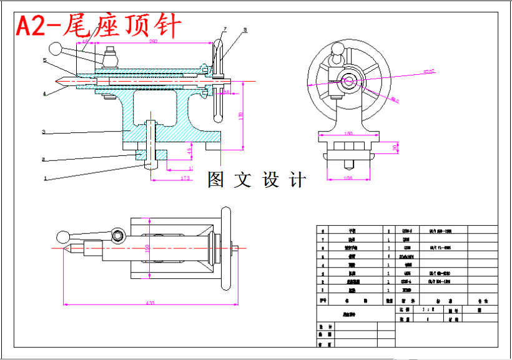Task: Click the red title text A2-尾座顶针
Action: click(x=99, y=26)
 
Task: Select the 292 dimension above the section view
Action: click(x=152, y=42)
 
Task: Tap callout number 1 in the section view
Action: click(x=45, y=178)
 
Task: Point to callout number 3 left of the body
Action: click(x=44, y=132)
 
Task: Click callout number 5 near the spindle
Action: click(x=45, y=61)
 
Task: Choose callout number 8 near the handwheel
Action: click(x=245, y=29)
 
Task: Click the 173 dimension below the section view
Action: click(x=185, y=179)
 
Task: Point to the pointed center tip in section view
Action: click(x=57, y=80)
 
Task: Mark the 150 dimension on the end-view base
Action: click(x=348, y=133)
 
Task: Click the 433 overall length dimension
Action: click(x=150, y=303)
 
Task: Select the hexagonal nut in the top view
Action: click(x=118, y=236)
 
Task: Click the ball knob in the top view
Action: click(x=62, y=236)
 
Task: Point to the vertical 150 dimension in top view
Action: click(x=148, y=248)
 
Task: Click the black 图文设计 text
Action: click(x=257, y=180)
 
